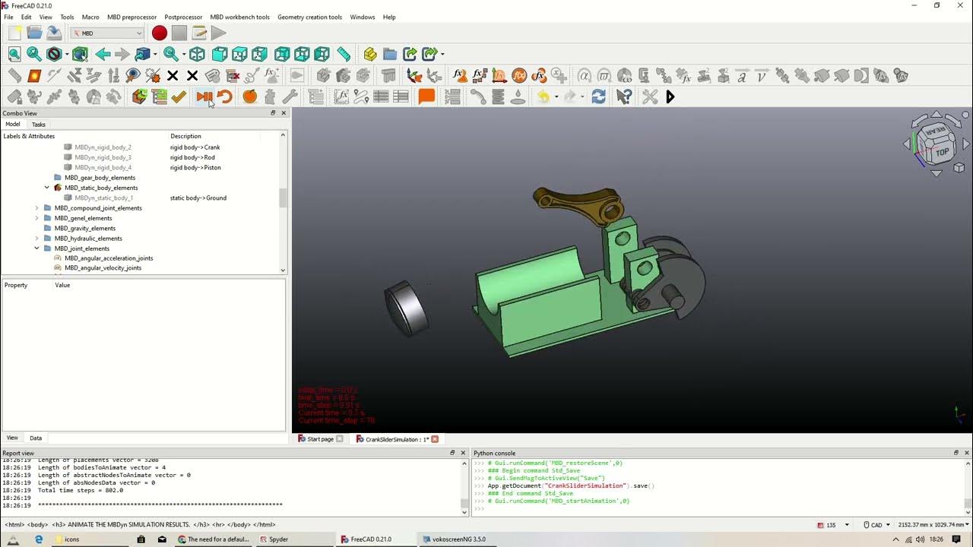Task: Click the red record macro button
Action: coord(159,33)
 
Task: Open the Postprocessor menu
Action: coord(183,17)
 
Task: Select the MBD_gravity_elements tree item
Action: coord(85,228)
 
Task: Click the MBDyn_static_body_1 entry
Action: coord(103,198)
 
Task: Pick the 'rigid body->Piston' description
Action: coord(195,167)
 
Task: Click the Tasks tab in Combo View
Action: coord(39,124)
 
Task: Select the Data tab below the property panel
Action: coord(36,438)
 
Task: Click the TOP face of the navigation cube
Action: coord(942,152)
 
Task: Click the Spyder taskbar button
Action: coord(278,539)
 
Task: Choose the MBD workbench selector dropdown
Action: coord(107,33)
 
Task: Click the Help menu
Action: coord(389,17)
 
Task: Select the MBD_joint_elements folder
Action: coord(82,248)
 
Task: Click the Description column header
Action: coord(185,136)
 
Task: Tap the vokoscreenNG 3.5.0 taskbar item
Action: coord(458,539)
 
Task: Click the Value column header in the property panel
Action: coord(62,285)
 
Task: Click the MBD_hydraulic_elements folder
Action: coord(88,239)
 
